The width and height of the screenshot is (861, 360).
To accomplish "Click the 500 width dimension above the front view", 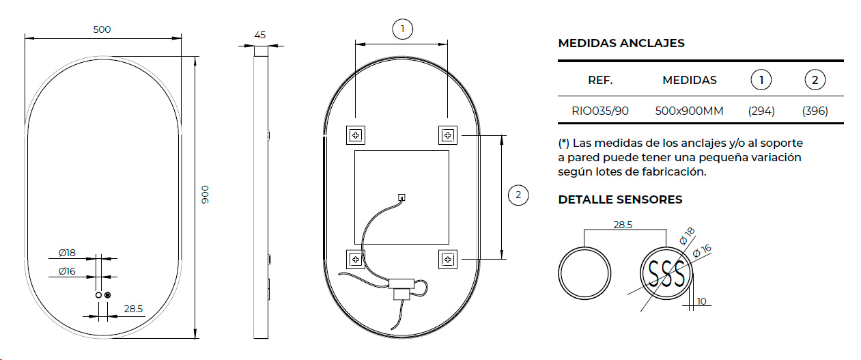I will [x=102, y=29].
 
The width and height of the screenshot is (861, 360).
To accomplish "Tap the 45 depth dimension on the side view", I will [x=259, y=35].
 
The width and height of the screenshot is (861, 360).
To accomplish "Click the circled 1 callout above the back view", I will [x=403, y=29].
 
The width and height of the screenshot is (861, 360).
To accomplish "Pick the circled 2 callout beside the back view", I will [x=518, y=195].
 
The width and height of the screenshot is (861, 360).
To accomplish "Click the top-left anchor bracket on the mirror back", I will [x=355, y=135].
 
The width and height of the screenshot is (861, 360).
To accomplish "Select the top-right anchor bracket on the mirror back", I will [x=447, y=135].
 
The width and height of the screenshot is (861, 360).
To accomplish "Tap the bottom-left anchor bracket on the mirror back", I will [x=355, y=259].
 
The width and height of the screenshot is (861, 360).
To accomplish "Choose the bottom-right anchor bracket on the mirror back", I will [x=447, y=259].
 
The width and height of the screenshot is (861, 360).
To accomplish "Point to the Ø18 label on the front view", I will [x=67, y=253].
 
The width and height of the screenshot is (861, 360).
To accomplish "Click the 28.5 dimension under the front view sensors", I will [x=133, y=309].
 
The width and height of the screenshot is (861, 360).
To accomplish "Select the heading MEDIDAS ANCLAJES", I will [x=621, y=43].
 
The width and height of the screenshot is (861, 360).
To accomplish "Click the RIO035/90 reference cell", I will [x=600, y=111].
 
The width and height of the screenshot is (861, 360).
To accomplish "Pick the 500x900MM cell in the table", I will [x=689, y=111].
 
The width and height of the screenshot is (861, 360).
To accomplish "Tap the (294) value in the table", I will [x=761, y=111].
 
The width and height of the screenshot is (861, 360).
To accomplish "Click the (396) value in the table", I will [x=815, y=111].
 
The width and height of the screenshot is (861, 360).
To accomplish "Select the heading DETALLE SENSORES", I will [x=620, y=199].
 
